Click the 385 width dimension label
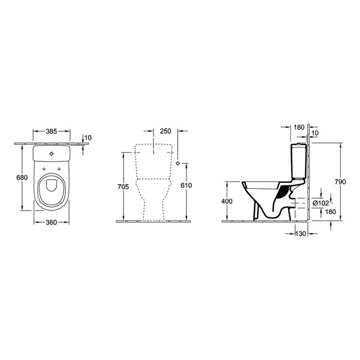click(x=51, y=131)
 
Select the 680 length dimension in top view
click(x=22, y=178)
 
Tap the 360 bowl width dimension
click(x=51, y=222)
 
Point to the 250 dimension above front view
click(x=166, y=131)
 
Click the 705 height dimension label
click(x=123, y=187)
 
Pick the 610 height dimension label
click(x=186, y=185)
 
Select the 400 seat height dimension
click(x=227, y=201)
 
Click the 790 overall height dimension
click(x=340, y=182)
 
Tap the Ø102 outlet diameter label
click(x=321, y=203)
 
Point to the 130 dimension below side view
click(x=301, y=233)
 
